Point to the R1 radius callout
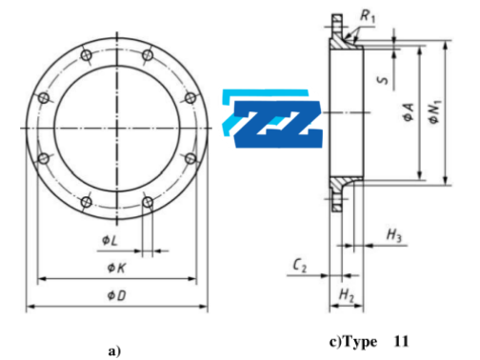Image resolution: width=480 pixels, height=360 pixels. pos(369,17)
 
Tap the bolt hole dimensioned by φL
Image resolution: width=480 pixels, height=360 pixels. pos(147,202)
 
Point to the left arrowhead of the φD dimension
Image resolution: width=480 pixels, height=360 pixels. pos(30,306)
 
